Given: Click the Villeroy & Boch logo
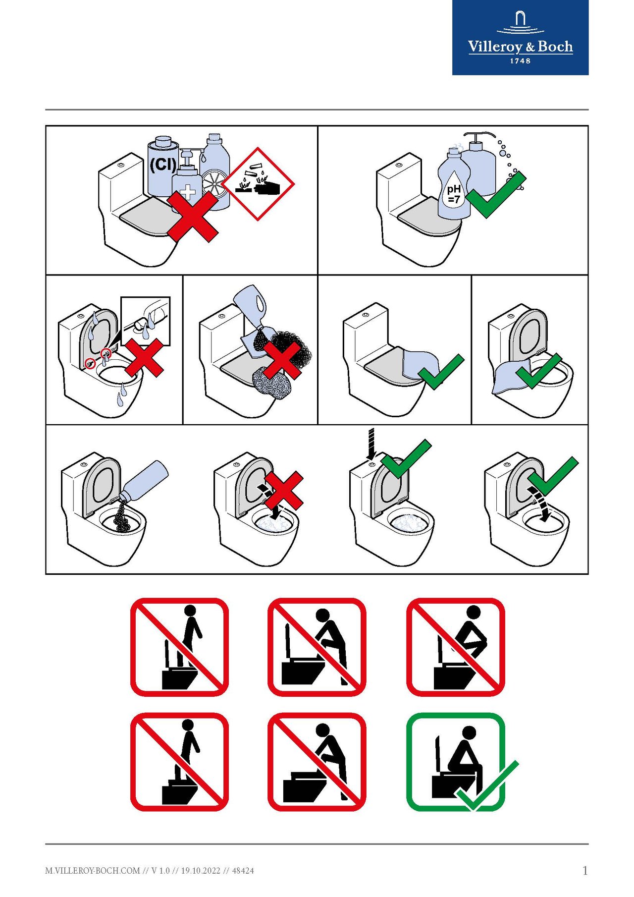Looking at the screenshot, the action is click(520, 38).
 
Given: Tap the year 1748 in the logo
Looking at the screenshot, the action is click(520, 61).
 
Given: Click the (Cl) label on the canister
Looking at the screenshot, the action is click(162, 164).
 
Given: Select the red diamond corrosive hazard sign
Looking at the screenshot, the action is click(258, 184).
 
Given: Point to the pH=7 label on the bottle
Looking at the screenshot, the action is click(454, 194).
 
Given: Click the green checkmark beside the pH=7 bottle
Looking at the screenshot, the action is click(496, 194).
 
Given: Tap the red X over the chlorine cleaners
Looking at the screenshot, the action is click(193, 217).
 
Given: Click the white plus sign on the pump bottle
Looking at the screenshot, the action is click(188, 192).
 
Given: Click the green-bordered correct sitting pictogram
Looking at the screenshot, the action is click(456, 762).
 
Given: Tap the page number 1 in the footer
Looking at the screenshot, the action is click(585, 870).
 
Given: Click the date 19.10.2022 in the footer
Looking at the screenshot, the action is click(201, 870).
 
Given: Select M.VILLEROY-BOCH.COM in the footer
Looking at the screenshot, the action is click(93, 870).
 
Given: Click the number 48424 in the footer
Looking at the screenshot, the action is click(243, 870).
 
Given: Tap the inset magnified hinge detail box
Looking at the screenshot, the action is click(146, 321).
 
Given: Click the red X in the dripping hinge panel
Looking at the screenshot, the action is click(144, 358).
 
